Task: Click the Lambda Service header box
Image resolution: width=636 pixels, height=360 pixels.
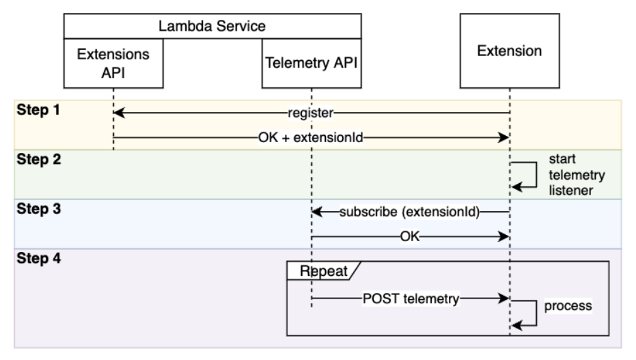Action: point(212,27)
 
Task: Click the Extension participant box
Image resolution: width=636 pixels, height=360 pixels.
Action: point(510,52)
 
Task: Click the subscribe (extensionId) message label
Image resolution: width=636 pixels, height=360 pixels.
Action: point(410,213)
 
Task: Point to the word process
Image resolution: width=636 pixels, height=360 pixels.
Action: point(567,305)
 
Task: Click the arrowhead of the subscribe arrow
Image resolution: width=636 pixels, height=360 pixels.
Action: point(317,213)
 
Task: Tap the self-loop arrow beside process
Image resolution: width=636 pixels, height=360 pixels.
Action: point(526,311)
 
